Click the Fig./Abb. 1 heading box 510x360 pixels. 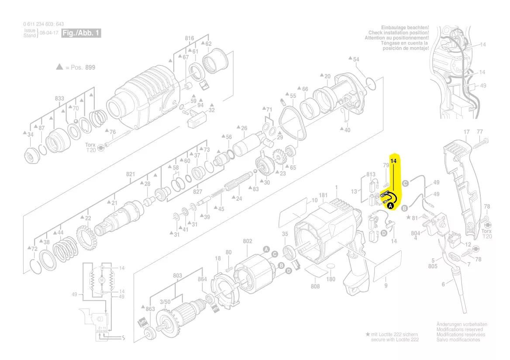(x=81, y=33)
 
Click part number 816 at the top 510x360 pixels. (x=189, y=38)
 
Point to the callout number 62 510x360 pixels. (x=208, y=44)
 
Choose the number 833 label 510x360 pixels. (x=59, y=99)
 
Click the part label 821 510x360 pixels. (x=131, y=174)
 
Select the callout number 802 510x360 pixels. (x=248, y=241)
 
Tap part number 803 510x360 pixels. (x=177, y=275)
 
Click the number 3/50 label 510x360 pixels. (x=165, y=302)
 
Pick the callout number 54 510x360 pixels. (x=356, y=59)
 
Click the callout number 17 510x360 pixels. (x=466, y=132)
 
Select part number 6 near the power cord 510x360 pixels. (x=443, y=284)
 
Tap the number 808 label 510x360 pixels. (x=315, y=286)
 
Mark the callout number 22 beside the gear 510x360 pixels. (x=88, y=218)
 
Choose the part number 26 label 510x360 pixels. (x=244, y=128)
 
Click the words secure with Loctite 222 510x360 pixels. (x=395, y=339)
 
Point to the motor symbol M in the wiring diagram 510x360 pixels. (x=102, y=279)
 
